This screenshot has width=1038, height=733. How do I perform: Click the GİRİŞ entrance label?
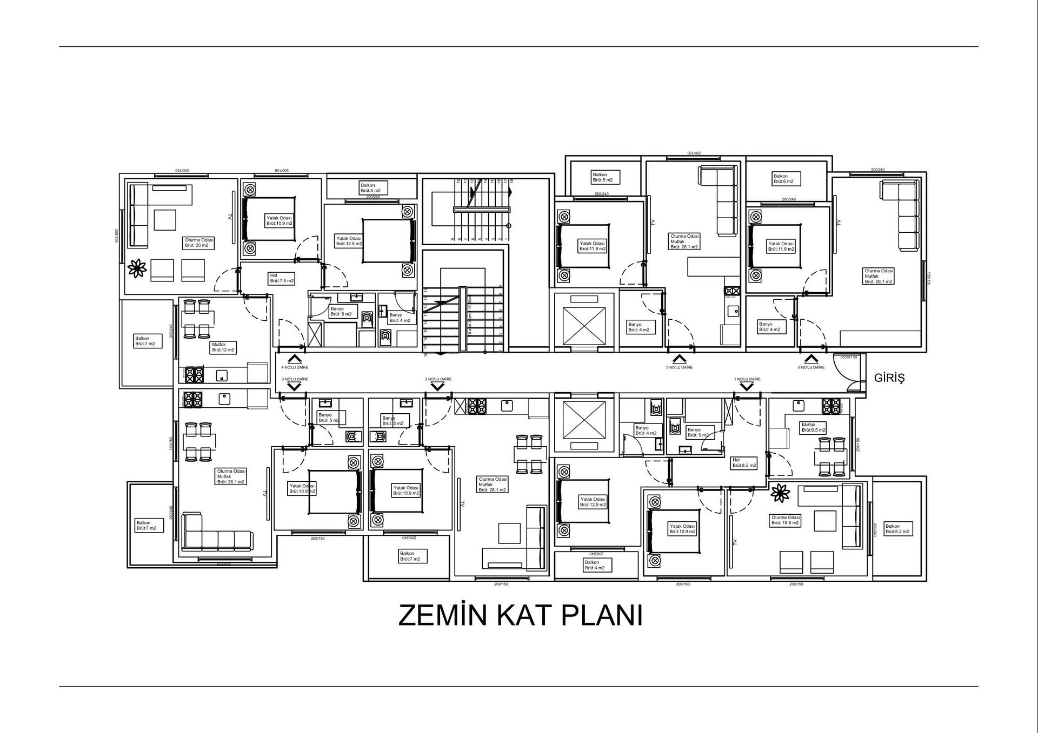point(889,378)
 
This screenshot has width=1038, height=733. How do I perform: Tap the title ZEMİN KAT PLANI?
point(520,615)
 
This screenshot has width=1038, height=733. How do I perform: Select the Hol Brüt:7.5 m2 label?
point(282,278)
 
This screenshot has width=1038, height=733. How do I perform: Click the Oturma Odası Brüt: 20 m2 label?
point(199,243)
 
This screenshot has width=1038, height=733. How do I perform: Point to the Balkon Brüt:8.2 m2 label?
point(897,528)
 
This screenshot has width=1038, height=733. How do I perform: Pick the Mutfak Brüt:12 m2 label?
point(223,347)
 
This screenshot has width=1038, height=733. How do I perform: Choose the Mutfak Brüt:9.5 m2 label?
point(813,427)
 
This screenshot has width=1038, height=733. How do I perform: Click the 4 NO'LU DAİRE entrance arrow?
point(295,359)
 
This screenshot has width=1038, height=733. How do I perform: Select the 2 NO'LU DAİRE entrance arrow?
point(437,387)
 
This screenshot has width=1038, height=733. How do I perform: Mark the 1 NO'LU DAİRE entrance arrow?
point(747,387)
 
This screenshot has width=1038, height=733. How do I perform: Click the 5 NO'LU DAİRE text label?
point(679,367)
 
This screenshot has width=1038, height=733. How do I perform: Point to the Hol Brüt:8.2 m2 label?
point(744,462)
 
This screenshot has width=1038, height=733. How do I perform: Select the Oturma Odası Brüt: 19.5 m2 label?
point(785,520)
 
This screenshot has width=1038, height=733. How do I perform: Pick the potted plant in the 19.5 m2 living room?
point(780,493)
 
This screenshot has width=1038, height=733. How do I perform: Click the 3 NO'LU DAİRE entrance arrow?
point(295,387)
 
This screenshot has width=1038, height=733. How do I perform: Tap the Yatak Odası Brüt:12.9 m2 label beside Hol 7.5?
point(349,241)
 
